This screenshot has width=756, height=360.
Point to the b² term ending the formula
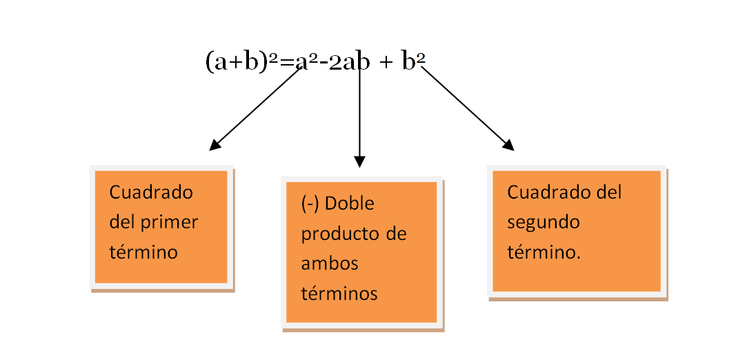click(412, 62)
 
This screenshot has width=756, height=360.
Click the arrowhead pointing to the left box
click(214, 146)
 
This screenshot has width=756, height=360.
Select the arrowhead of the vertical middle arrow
click(359, 162)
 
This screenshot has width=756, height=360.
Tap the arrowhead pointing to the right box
click(509, 146)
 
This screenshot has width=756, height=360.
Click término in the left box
click(143, 252)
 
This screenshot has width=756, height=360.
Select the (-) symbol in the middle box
click(310, 204)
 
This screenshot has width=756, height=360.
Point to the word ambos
click(330, 263)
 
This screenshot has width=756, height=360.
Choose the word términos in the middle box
click(339, 293)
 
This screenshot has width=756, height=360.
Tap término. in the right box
click(544, 252)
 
